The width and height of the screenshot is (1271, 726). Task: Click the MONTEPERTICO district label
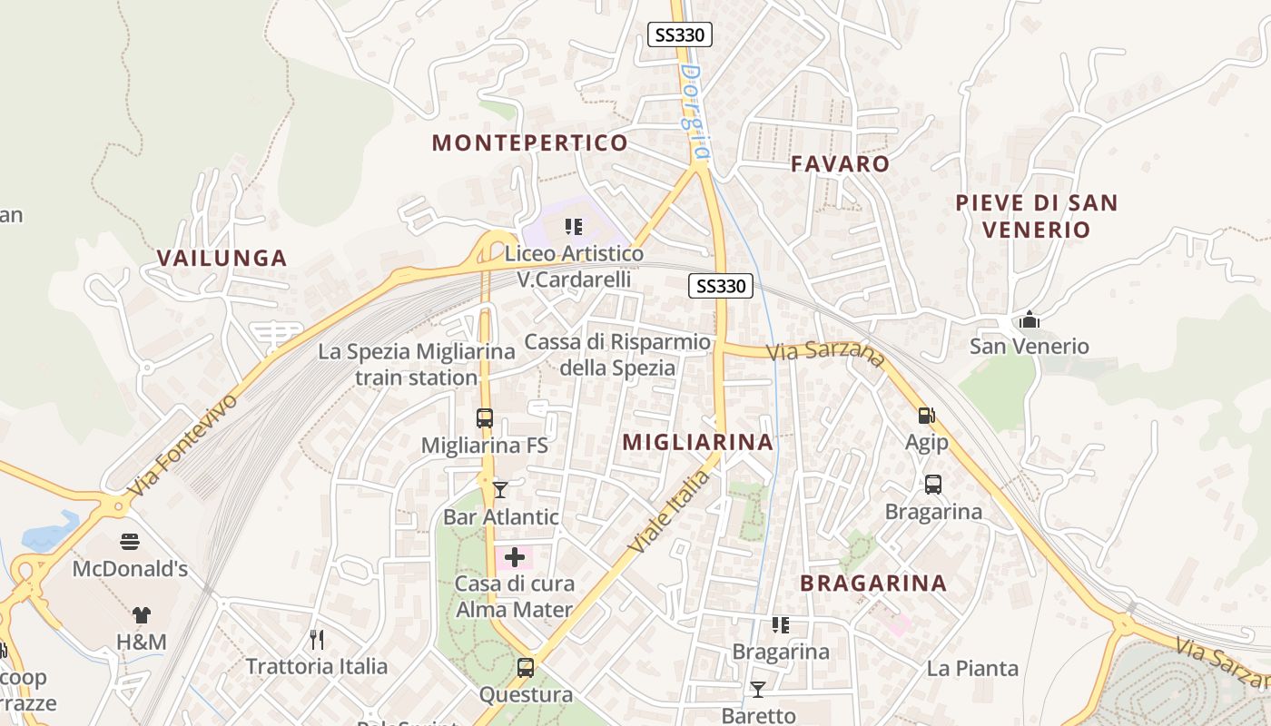[x=529, y=142]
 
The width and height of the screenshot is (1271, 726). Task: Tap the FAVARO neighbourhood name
[x=840, y=164]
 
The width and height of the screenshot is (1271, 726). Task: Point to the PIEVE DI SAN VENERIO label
[x=1036, y=216]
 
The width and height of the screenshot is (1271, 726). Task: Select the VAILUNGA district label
[x=222, y=258]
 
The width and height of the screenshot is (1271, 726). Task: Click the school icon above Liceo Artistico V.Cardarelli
[x=573, y=226]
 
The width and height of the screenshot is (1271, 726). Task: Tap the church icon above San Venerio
[x=1029, y=319]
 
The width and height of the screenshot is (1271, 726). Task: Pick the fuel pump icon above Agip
[x=926, y=416]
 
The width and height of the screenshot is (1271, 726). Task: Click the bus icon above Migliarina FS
[x=485, y=418]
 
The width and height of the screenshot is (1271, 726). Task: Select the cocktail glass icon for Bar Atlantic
[x=500, y=490]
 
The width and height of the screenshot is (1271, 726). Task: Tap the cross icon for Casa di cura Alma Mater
[x=515, y=557]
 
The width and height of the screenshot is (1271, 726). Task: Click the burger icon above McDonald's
[x=130, y=543]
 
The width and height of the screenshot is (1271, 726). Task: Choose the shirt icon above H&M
[x=141, y=615]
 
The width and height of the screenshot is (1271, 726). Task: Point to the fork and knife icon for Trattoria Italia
[x=317, y=640]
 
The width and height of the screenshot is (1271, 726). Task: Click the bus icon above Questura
[x=525, y=668]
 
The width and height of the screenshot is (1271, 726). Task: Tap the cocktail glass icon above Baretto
[x=757, y=690]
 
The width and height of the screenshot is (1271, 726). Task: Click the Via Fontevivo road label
[x=182, y=445]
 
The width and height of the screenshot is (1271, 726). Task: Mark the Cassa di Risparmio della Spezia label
[x=617, y=355]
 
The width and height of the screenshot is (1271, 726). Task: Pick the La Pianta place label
[x=972, y=669]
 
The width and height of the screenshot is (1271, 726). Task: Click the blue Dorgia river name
[x=694, y=109]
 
